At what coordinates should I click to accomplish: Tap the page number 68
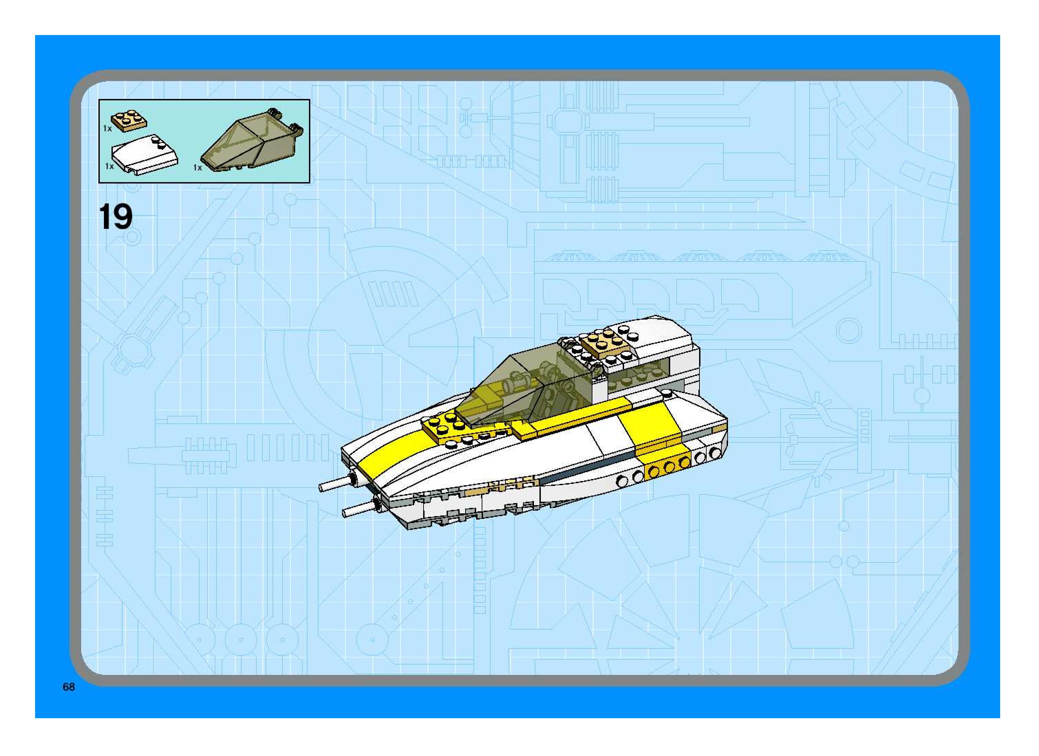pos(69,687)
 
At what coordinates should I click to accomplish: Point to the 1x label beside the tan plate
pos(107,129)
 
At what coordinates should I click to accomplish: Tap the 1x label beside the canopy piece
pos(197,168)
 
